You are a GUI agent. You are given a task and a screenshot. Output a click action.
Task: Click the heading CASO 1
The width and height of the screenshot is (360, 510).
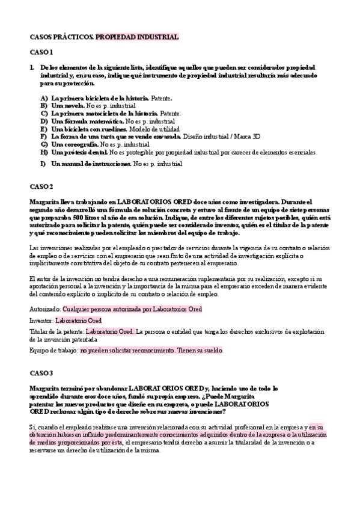(x=41, y=52)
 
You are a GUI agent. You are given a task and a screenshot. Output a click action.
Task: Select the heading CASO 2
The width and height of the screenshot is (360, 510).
(x=41, y=186)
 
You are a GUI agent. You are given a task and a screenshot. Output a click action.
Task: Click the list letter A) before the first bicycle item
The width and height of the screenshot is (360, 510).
(x=44, y=97)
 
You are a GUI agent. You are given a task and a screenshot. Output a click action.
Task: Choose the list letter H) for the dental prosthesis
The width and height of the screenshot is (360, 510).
(x=44, y=152)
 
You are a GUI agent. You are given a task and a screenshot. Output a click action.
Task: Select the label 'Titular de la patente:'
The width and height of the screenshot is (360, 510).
(x=57, y=331)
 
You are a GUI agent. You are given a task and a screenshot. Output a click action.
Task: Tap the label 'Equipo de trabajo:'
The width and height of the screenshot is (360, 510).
(x=53, y=350)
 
